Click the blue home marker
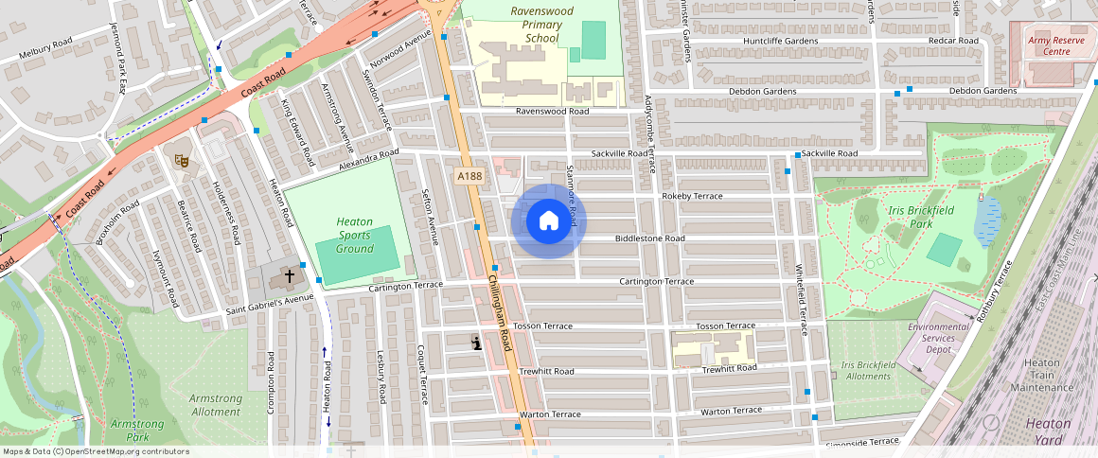pos(549,221)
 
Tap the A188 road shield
pos(468,176)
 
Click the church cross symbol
pos(290,276)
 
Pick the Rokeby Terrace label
pos(692,196)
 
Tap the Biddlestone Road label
pos(649,238)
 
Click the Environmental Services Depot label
pos(939,338)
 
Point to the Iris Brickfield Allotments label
pos(866,370)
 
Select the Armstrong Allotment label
pos(215,405)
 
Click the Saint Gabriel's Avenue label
pos(269,305)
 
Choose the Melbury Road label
pos(45,48)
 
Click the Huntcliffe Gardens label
pos(781,42)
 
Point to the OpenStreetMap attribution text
pos(96,451)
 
